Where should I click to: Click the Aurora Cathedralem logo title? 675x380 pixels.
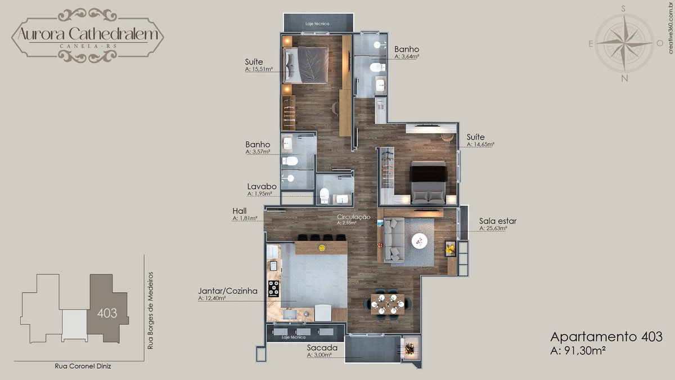[x=88, y=34]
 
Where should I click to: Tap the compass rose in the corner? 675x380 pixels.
[x=625, y=44]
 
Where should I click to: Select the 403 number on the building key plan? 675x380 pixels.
[x=107, y=314]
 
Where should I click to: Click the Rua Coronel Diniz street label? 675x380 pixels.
[x=83, y=366]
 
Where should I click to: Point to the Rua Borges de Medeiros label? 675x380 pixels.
[x=150, y=311]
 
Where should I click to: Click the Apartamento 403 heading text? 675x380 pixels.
[x=606, y=337]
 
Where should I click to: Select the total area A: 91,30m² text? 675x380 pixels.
[x=578, y=350]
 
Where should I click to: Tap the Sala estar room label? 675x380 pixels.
[x=498, y=221]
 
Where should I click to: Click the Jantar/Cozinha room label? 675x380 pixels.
[x=227, y=290]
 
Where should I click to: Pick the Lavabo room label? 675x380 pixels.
[x=262, y=186]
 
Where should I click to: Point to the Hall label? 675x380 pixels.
[x=240, y=211]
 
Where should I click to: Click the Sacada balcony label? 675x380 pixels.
[x=322, y=348]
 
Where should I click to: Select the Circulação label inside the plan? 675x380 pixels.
[x=353, y=217]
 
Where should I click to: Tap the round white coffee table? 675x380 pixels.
[x=420, y=241]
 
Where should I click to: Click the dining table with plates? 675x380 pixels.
[x=388, y=305]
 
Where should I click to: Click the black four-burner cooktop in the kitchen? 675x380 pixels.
[x=273, y=289]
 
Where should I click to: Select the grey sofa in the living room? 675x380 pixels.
[x=394, y=240]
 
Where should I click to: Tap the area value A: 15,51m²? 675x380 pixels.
[x=259, y=69]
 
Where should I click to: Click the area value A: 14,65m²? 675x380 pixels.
[x=480, y=145]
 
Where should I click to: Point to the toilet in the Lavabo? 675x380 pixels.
[x=324, y=195]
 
